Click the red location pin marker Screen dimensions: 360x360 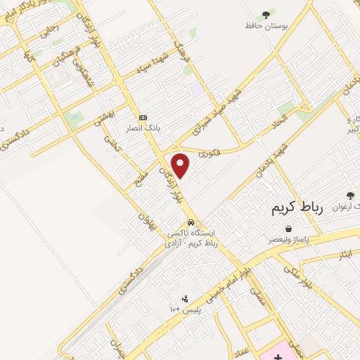(x=181, y=165)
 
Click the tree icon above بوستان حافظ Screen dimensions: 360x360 (x=266, y=14)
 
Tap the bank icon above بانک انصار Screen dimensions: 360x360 (x=143, y=117)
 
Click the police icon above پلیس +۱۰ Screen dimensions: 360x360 (x=184, y=298)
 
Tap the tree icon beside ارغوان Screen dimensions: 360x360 (x=350, y=195)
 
